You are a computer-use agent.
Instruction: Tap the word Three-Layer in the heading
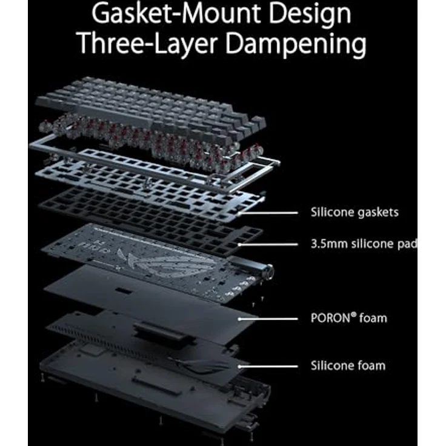tap(148, 43)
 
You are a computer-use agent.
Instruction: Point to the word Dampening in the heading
tap(296, 44)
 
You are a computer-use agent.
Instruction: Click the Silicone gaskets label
tap(354, 213)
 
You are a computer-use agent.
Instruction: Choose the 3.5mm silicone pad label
tap(364, 244)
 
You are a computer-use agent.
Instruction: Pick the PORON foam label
tap(348, 318)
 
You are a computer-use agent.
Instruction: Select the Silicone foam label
tap(348, 365)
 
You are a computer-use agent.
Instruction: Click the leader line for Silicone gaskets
tap(268, 213)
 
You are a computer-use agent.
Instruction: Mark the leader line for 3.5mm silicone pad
tap(268, 244)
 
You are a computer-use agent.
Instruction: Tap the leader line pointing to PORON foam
tap(268, 319)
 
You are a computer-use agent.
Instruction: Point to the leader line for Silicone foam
tap(268, 367)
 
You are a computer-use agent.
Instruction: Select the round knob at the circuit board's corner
tap(268, 270)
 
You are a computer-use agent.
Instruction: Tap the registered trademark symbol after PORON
tap(353, 315)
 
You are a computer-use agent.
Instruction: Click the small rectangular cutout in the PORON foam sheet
tap(123, 291)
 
